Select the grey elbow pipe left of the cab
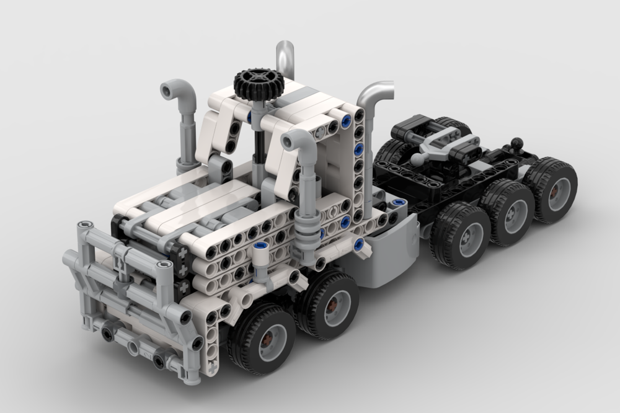coord(181,94)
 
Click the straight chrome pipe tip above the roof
coord(286,53)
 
